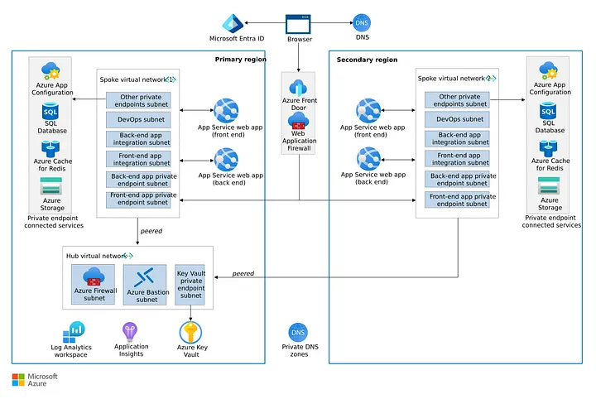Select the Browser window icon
[298, 23]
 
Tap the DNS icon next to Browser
[361, 23]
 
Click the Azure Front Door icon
[298, 86]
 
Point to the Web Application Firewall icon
[298, 122]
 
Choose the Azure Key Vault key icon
[191, 332]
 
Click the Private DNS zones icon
[297, 334]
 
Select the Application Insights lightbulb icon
[131, 332]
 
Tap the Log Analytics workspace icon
[77, 332]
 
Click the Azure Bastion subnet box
[147, 285]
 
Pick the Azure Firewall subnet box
[94, 285]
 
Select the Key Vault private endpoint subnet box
[191, 285]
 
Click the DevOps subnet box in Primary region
[138, 119]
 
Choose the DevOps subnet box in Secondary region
[459, 119]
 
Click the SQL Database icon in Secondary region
[547, 112]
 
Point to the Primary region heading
[239, 60]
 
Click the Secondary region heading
[367, 60]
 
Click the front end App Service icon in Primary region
[226, 110]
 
